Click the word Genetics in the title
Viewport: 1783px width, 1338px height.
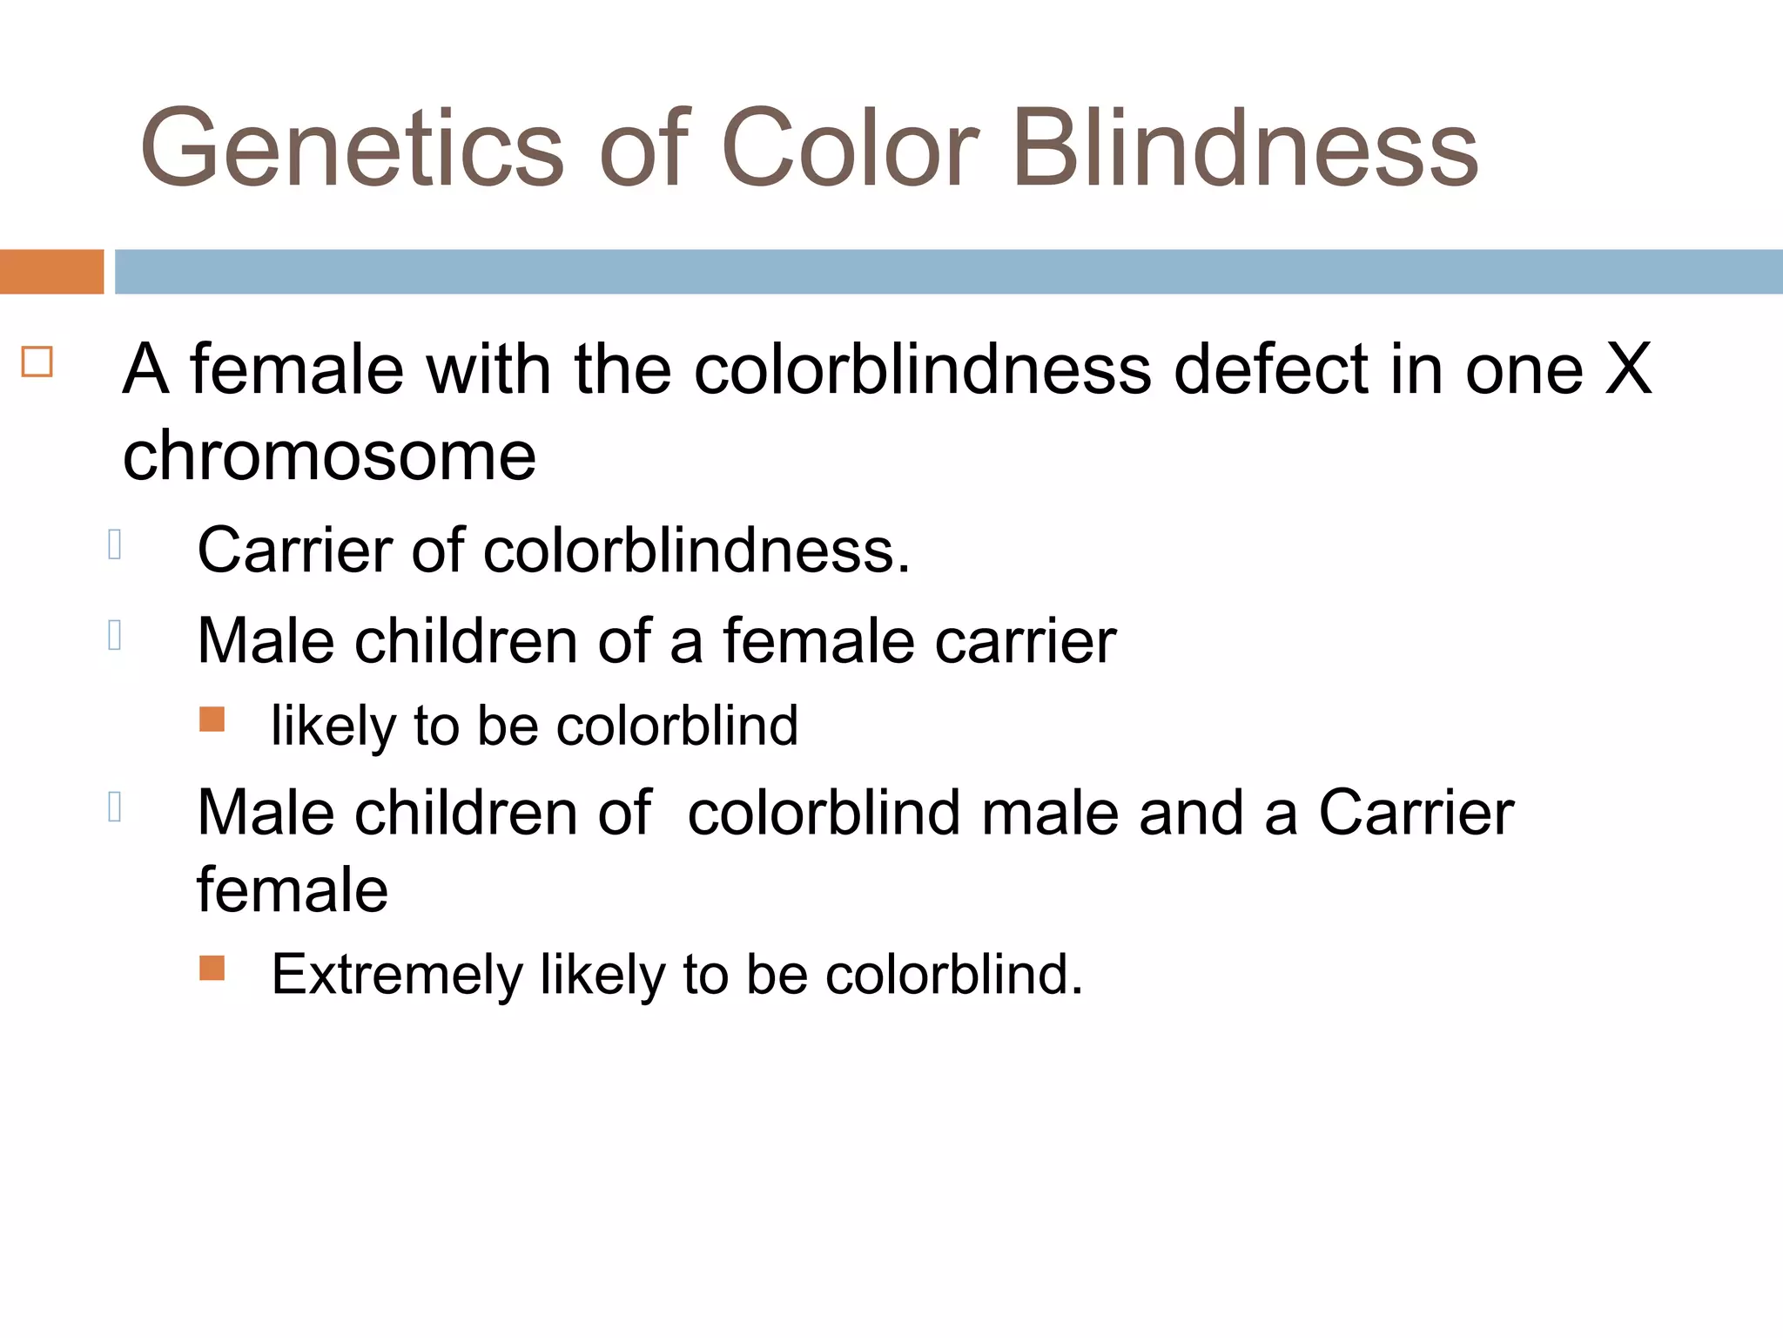353,148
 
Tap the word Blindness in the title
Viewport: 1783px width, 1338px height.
1245,148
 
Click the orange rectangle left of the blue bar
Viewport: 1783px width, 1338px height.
51,272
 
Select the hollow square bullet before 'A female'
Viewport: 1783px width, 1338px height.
37,362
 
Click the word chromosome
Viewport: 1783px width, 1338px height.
329,456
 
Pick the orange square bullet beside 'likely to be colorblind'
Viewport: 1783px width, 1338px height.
212,720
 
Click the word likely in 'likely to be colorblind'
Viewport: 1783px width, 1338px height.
333,726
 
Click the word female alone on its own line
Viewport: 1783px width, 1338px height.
293,890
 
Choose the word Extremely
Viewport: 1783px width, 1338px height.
396,974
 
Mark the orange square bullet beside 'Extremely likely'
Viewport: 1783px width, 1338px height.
212,968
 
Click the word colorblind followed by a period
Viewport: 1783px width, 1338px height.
952,974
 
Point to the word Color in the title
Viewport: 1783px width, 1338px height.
850,148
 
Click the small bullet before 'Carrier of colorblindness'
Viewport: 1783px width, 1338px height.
114,544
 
